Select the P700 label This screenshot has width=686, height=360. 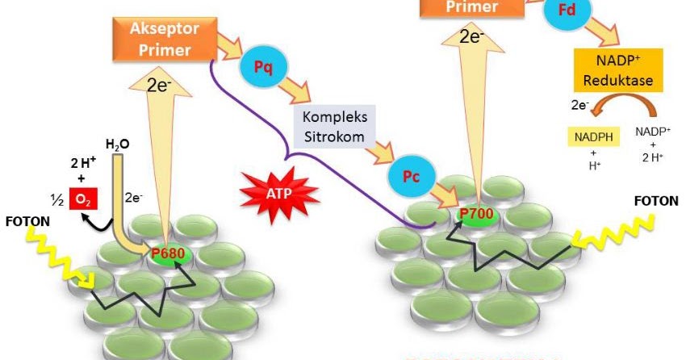(x=476, y=215)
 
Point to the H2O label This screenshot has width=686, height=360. (x=118, y=145)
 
